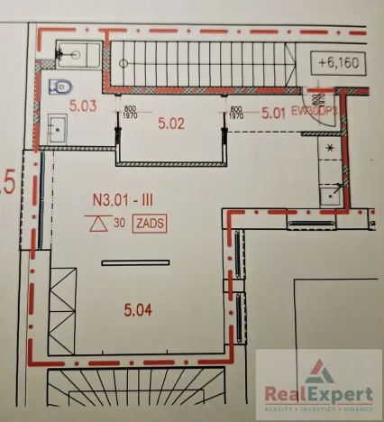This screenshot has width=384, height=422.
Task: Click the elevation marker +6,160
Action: point(338,62)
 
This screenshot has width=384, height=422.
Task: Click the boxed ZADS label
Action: point(149,224)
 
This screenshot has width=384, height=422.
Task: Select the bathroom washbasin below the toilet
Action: point(57,128)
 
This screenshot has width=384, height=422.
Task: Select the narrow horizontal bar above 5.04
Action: point(134,263)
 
